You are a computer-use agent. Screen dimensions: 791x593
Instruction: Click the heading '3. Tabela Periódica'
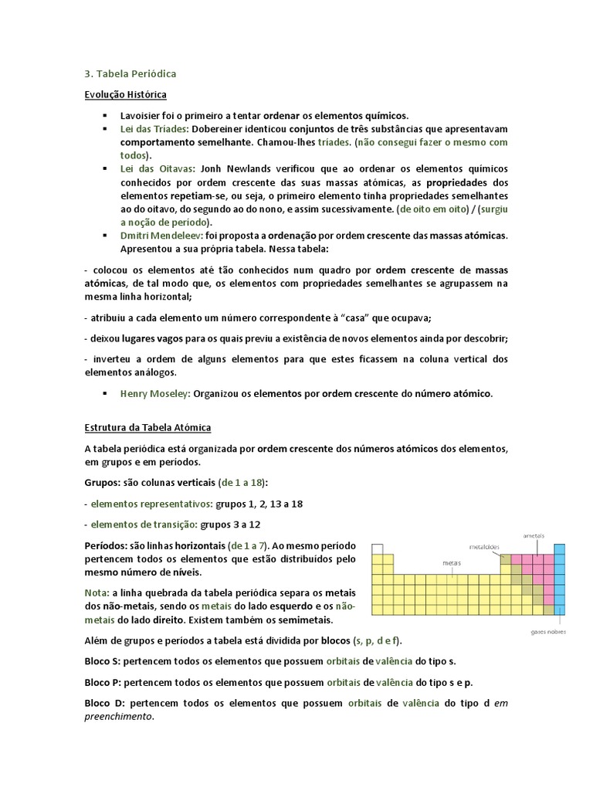[130, 74]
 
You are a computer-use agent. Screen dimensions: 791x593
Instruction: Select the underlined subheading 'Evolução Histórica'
[125, 94]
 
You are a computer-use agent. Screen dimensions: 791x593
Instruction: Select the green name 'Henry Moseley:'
[155, 393]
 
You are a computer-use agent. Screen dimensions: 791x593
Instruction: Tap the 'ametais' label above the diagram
[534, 535]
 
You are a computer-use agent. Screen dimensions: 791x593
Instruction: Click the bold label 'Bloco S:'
[103, 662]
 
